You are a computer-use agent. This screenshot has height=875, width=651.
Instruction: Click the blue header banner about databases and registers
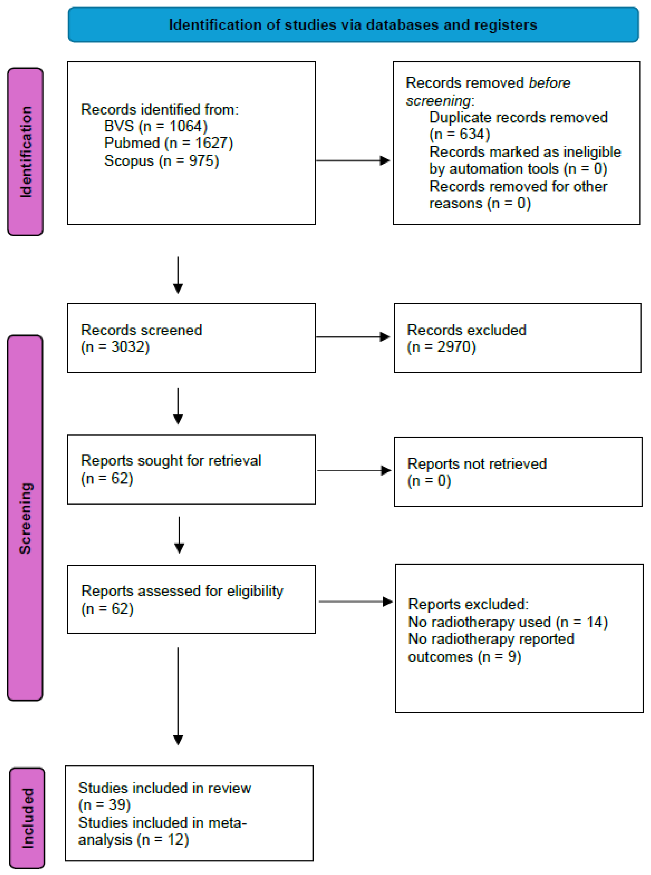[353, 24]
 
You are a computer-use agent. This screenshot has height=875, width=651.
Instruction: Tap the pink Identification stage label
[25, 152]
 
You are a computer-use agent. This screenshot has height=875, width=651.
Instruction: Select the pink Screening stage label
[25, 518]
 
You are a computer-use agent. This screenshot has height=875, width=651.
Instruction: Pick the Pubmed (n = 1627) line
[169, 143]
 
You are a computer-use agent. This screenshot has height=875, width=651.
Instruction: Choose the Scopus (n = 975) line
[162, 161]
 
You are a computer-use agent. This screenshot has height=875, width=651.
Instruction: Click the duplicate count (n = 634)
[459, 134]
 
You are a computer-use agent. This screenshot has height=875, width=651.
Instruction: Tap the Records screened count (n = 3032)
[115, 347]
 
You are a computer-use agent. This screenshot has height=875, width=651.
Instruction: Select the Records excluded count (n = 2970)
[441, 347]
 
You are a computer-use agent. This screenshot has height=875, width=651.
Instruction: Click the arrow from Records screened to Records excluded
[353, 337]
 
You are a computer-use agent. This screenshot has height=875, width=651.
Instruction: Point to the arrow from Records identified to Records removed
[353, 160]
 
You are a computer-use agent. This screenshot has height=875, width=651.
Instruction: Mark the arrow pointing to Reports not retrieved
[354, 471]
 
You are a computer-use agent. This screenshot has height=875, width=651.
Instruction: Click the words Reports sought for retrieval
[171, 460]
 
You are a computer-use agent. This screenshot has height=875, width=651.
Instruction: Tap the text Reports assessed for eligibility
[182, 591]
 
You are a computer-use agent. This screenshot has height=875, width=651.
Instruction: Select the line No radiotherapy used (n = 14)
[508, 622]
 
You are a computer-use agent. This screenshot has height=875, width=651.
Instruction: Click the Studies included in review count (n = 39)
[105, 805]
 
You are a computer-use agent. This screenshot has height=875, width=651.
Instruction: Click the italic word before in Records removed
[549, 83]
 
